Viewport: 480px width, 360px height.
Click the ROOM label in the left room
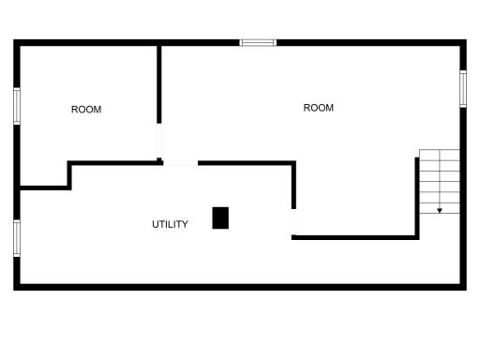point(86,110)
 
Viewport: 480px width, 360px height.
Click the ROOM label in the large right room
point(319,108)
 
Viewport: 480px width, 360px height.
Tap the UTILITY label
point(170,224)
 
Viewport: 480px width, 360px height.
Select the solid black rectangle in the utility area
point(220,217)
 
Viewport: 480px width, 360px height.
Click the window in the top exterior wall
point(258,42)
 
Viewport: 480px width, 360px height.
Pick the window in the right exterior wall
point(463,89)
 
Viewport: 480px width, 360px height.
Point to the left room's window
point(17,106)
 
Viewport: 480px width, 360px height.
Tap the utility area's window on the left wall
point(17,238)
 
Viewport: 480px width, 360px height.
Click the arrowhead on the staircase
point(440,211)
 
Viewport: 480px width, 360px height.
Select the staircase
point(440,182)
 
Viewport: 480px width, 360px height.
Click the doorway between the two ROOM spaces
point(159,141)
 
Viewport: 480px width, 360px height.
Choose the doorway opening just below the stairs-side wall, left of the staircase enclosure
point(293,222)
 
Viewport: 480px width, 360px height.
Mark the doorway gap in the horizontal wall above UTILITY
point(181,163)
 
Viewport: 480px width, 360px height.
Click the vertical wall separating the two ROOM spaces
point(159,84)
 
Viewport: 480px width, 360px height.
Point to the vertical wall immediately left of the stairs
point(417,197)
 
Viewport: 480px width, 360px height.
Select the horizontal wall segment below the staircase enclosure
point(355,237)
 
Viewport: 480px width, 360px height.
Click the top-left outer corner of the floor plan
point(13,39)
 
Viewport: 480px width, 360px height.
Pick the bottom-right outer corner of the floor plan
point(467,291)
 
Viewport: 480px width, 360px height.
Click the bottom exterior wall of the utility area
point(240,287)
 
